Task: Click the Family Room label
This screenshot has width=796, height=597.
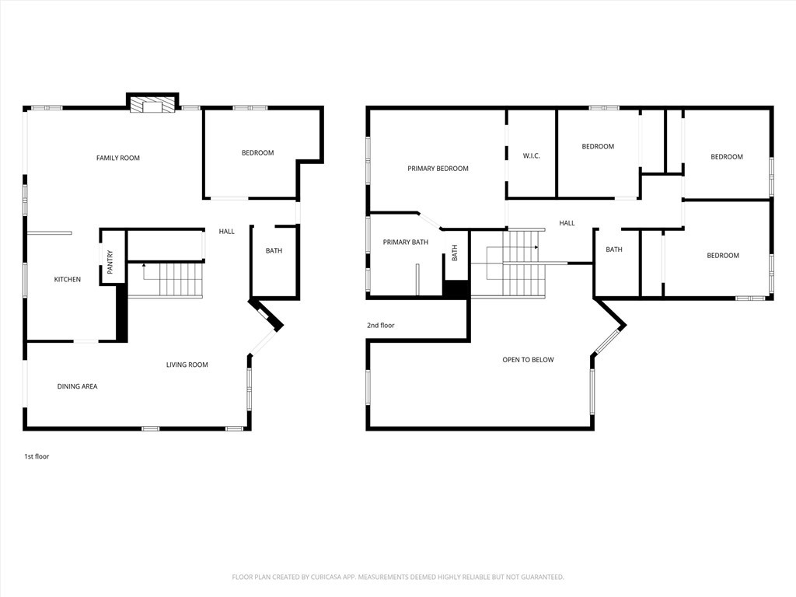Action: (x=118, y=158)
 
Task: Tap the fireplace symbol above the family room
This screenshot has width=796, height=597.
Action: (x=152, y=105)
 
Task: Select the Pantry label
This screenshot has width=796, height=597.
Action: (x=110, y=262)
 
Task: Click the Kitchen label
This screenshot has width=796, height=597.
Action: (x=68, y=279)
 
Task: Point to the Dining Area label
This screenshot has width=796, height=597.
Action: (x=77, y=386)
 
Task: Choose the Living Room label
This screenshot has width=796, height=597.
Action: (x=187, y=365)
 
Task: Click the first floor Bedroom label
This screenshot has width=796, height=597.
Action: (x=258, y=153)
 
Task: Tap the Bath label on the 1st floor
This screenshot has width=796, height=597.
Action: (x=274, y=251)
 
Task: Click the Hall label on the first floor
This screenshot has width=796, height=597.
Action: (x=227, y=232)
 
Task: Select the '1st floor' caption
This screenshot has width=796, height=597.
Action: (x=37, y=456)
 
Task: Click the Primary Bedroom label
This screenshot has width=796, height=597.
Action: (x=438, y=169)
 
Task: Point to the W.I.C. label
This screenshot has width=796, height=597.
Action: (x=532, y=155)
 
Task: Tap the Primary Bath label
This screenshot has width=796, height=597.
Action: (x=406, y=243)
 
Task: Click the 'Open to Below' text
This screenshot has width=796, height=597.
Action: (x=529, y=360)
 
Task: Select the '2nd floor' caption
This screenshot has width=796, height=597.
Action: (x=381, y=326)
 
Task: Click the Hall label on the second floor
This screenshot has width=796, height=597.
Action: (x=567, y=223)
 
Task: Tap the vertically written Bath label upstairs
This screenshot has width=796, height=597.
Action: (x=454, y=253)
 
